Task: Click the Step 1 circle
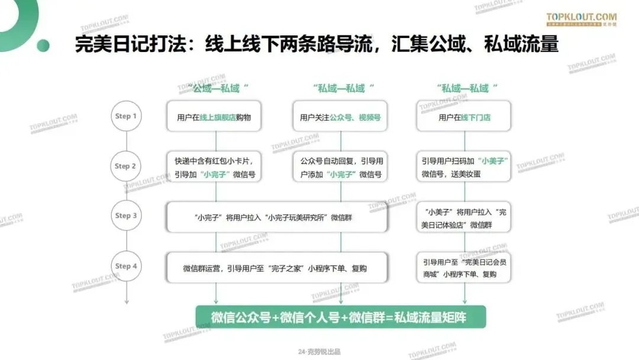[x=126, y=117]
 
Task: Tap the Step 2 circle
[x=126, y=166]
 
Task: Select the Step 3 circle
[x=126, y=216]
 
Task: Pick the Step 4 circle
[x=126, y=266]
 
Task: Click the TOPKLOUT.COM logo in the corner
[x=581, y=20]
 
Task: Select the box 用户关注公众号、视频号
[x=340, y=117]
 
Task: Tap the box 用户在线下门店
[x=464, y=117]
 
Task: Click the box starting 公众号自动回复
[x=340, y=168]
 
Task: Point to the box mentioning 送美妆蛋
[x=464, y=168]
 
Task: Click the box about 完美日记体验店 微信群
[x=464, y=218]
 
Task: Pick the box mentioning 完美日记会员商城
[x=464, y=268]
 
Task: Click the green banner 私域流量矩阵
[x=340, y=317]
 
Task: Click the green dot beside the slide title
[x=43, y=46]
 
